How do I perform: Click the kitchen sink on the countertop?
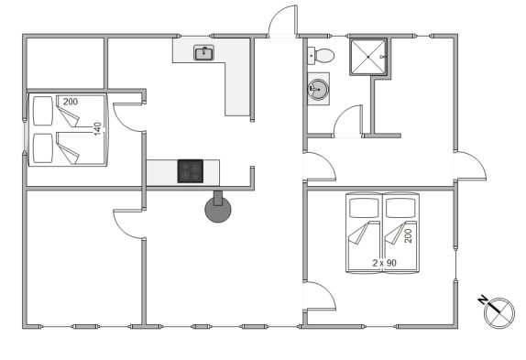[203, 53]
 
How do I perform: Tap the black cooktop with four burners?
[191, 171]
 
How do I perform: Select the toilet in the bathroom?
[321, 56]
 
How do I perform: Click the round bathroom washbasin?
[318, 90]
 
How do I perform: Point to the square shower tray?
[368, 57]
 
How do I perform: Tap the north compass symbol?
[499, 313]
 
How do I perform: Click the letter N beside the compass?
[483, 300]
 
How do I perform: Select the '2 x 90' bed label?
[385, 263]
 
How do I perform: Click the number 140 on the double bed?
[97, 129]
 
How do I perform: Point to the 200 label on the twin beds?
[408, 236]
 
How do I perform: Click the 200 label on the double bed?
[71, 102]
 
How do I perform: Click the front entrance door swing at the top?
[282, 20]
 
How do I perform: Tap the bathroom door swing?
[347, 121]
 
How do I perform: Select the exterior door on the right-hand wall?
[471, 166]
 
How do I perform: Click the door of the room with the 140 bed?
[128, 117]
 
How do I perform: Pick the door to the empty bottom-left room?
[128, 224]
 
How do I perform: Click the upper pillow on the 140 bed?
[43, 111]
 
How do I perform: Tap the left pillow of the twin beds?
[365, 208]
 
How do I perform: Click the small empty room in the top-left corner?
[65, 63]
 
